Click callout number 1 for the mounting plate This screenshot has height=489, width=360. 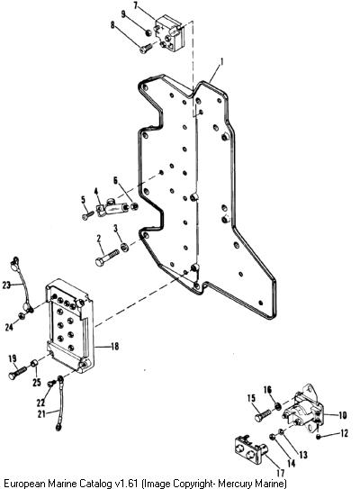click(x=221, y=61)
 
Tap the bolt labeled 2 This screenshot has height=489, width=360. click(x=107, y=258)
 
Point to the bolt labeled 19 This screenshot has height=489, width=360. click(x=17, y=372)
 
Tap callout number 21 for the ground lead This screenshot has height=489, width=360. click(x=40, y=413)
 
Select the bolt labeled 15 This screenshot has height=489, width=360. click(x=263, y=415)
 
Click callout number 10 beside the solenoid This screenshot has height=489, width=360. click(x=342, y=415)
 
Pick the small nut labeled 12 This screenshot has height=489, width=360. click(x=319, y=436)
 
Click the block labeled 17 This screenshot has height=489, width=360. click(x=250, y=448)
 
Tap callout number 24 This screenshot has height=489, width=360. click(x=9, y=327)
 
